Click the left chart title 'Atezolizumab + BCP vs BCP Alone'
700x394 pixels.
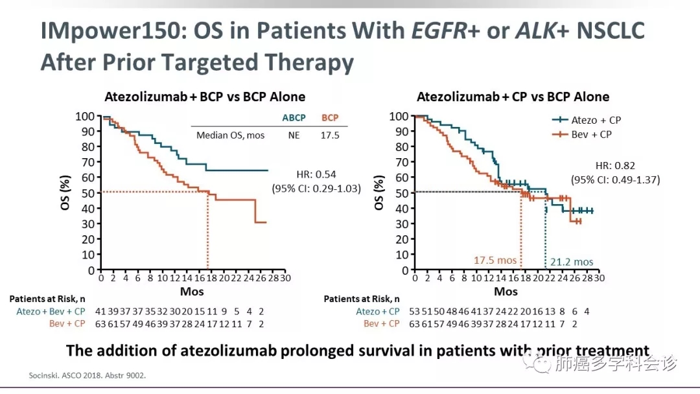(x=205, y=97)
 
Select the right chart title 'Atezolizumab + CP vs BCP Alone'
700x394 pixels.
(x=513, y=97)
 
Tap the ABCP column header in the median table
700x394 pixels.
(x=294, y=118)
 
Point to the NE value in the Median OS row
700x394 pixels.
(x=294, y=135)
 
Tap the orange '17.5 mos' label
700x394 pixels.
(x=495, y=261)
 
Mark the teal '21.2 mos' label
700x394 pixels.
(x=572, y=262)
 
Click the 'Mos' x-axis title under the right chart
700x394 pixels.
(x=506, y=292)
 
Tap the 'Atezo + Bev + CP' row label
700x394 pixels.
(x=51, y=311)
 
